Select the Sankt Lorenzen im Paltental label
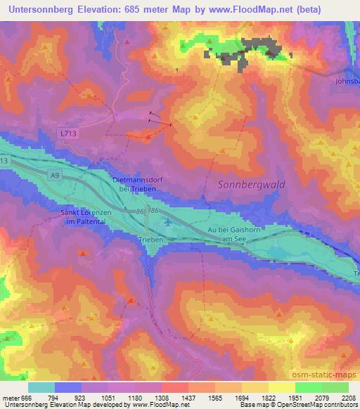click(x=86, y=217)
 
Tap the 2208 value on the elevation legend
click(x=349, y=396)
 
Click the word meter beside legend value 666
click(x=11, y=396)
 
